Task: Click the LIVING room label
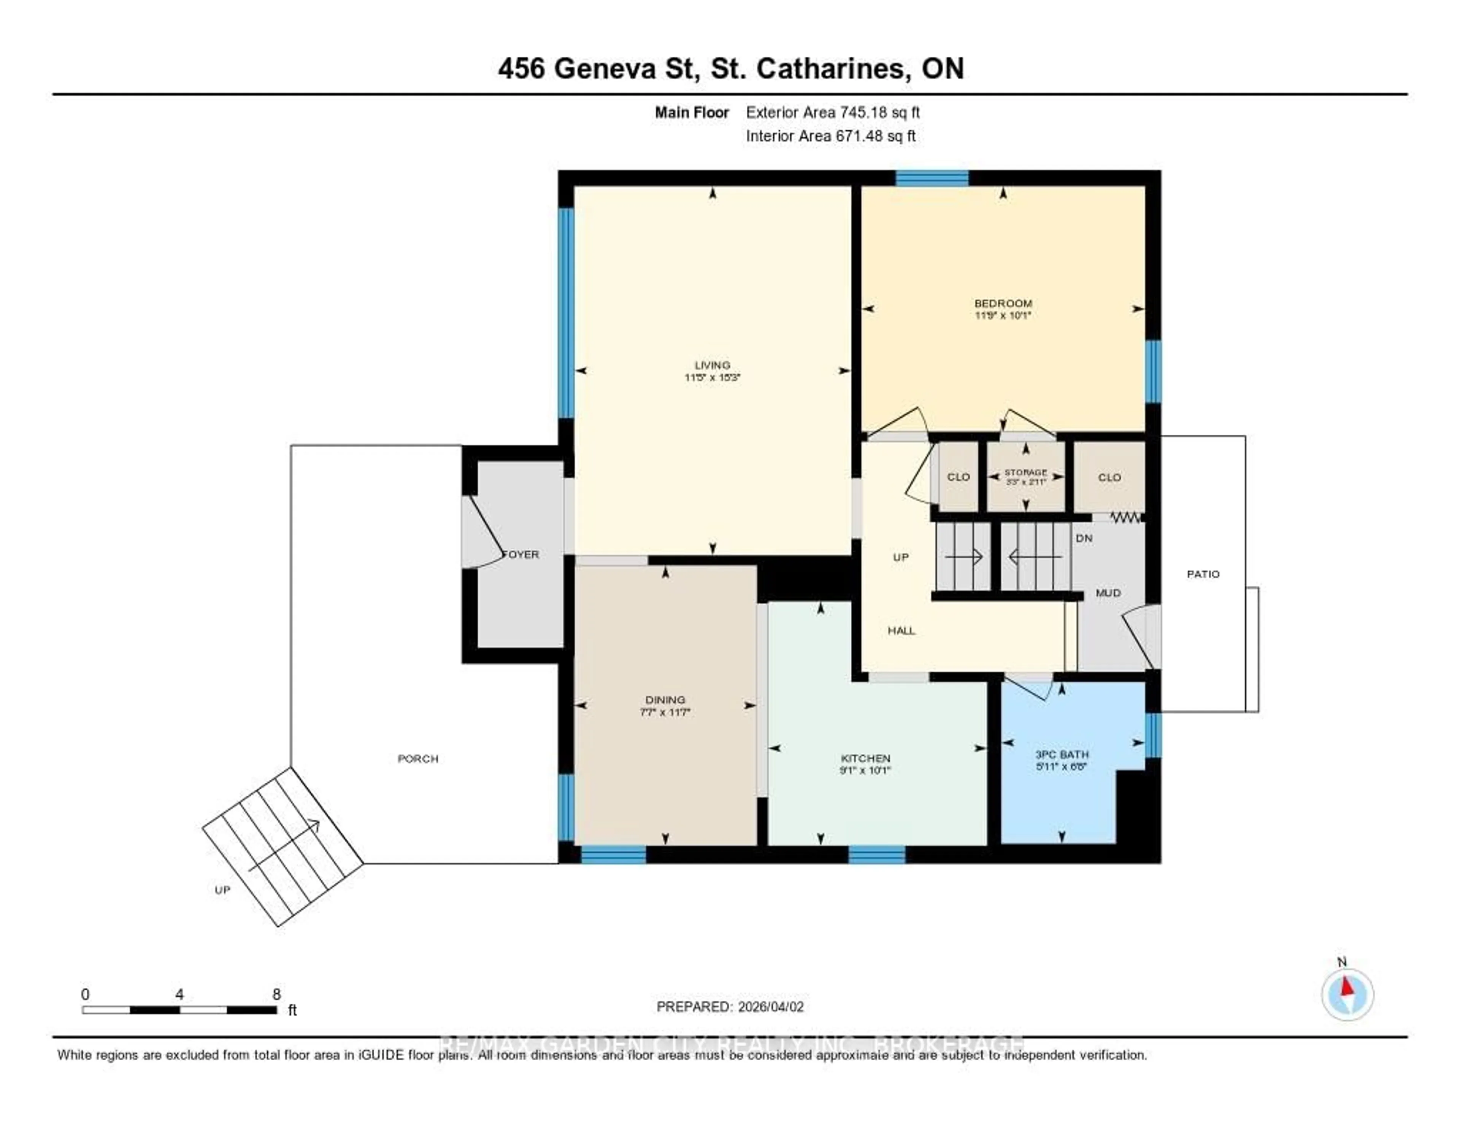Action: [x=712, y=365]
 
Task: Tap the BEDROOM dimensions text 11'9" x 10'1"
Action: [x=1003, y=315]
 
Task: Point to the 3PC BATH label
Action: [x=1062, y=754]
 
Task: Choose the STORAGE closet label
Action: [x=1025, y=472]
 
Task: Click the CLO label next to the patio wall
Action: [x=1109, y=477]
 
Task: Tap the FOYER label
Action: [x=521, y=554]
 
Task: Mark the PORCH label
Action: [x=418, y=758]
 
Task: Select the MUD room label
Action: [x=1108, y=593]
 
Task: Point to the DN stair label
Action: [x=1084, y=538]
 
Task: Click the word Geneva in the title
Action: [x=606, y=69]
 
